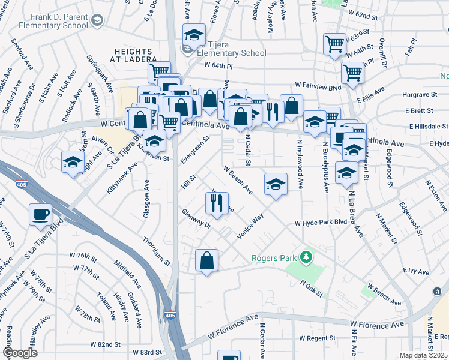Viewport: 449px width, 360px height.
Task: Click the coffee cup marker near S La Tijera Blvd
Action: click(40, 214)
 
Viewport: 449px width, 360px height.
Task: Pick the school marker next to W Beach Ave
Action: click(276, 183)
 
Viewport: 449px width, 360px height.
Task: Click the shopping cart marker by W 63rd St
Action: click(334, 43)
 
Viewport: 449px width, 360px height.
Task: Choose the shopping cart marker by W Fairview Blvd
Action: click(352, 73)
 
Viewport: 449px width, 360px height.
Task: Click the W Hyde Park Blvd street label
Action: click(321, 223)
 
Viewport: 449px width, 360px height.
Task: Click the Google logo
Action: click(20, 353)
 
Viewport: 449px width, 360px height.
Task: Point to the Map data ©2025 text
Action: click(424, 355)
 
